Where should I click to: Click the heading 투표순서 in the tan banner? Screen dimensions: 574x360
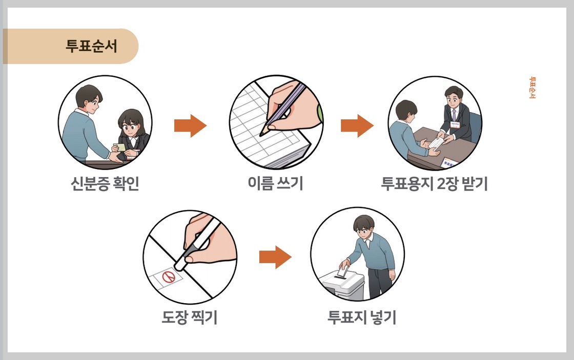point(92,46)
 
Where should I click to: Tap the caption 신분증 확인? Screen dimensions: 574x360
point(105,183)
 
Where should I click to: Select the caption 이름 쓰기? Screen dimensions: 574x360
point(275,183)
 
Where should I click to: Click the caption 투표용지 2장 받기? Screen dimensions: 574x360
point(434,183)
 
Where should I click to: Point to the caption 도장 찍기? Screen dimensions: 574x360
point(190,317)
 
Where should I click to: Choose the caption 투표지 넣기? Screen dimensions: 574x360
point(362,317)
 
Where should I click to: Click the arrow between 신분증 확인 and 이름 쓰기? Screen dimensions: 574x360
point(190,126)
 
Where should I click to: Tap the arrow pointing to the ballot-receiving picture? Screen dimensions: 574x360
point(357,126)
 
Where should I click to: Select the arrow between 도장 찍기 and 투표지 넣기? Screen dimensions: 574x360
point(275,257)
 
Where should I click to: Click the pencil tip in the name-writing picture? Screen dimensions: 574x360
point(262,134)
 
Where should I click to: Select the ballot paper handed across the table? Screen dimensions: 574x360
point(437,141)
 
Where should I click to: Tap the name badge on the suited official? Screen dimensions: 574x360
point(454,124)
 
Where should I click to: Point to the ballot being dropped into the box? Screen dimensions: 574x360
point(345,269)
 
